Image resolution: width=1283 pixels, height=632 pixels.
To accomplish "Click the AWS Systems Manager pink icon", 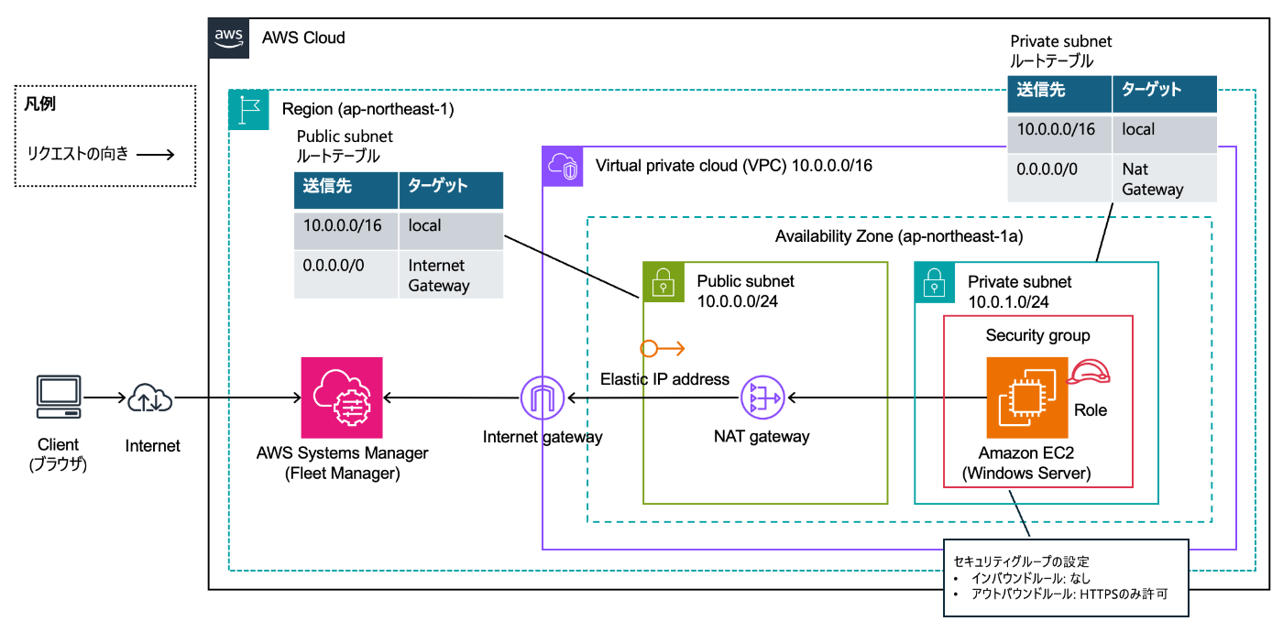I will pyautogui.click(x=342, y=398).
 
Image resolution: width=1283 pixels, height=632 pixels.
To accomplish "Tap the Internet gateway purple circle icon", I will pyautogui.click(x=543, y=399).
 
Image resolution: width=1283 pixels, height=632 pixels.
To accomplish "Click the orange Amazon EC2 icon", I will pyautogui.click(x=1027, y=398).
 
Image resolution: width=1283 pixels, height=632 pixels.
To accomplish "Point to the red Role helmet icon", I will pyautogui.click(x=1090, y=371).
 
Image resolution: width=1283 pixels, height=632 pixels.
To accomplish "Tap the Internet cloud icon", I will pyautogui.click(x=150, y=398).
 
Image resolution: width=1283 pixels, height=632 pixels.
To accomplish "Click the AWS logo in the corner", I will pyautogui.click(x=229, y=38).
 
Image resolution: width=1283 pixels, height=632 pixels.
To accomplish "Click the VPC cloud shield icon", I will pyautogui.click(x=564, y=167).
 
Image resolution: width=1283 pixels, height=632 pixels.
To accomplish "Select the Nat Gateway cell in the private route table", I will pyautogui.click(x=1164, y=180).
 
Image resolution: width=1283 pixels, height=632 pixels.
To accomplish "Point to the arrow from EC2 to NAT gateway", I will pyautogui.click(x=884, y=398).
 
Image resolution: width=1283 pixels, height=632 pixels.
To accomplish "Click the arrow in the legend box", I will pyautogui.click(x=155, y=154).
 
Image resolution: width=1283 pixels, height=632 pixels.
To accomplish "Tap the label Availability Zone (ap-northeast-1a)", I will pyautogui.click(x=899, y=236).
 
